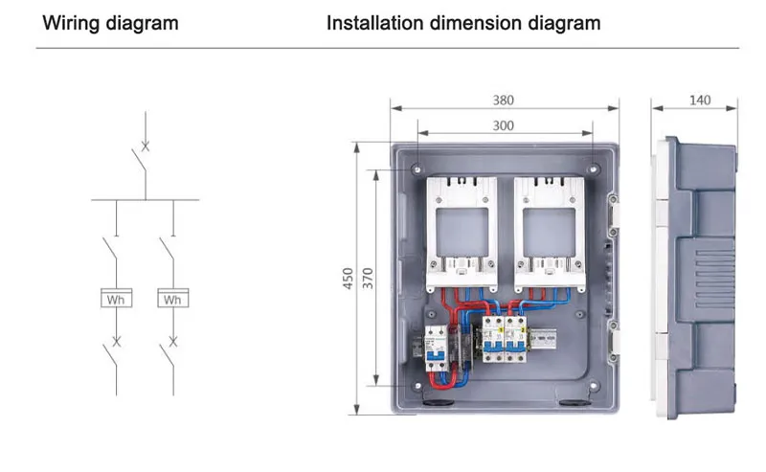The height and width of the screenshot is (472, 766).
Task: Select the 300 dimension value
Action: tap(504, 124)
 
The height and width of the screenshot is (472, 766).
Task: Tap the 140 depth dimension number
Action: tap(701, 100)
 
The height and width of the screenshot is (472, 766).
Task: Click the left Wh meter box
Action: tap(117, 299)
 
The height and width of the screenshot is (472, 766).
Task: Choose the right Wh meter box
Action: tap(172, 299)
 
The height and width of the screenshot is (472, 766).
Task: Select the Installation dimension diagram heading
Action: tap(463, 22)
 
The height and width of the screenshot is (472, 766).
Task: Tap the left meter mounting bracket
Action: tap(462, 232)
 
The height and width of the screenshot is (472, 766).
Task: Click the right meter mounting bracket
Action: tap(549, 232)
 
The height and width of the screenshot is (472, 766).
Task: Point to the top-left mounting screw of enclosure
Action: tap(417, 169)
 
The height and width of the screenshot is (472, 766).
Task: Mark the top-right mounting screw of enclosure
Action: tap(594, 169)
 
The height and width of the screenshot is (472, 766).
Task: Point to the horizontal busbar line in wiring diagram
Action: tap(145, 200)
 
